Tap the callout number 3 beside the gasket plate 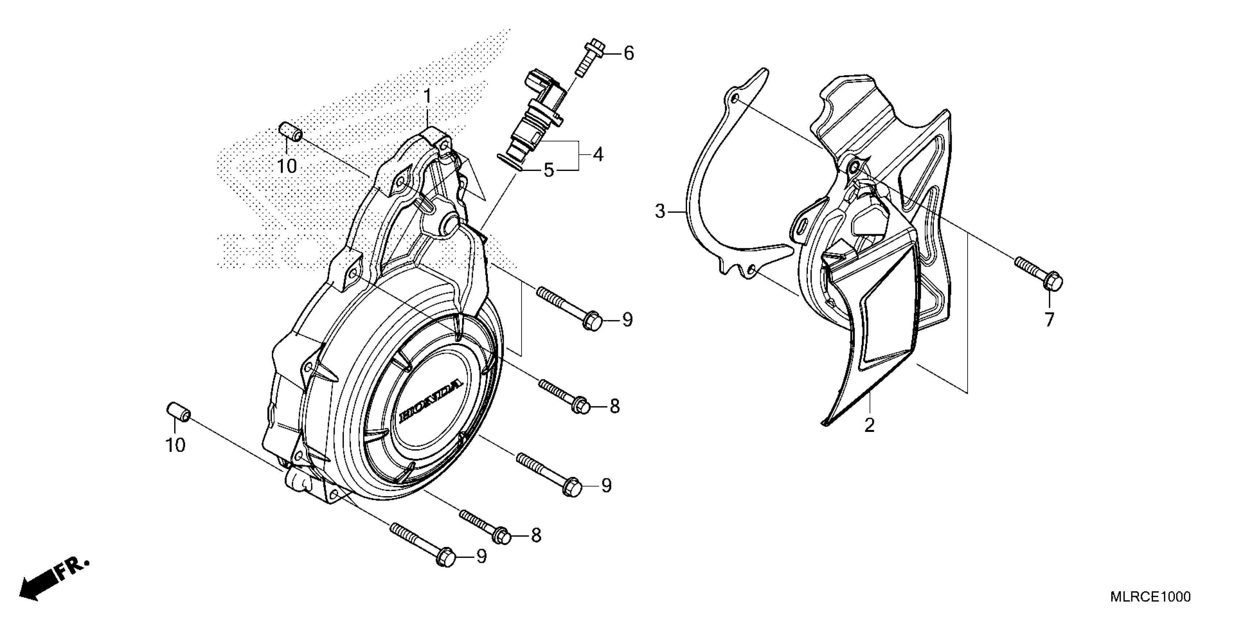click(660, 211)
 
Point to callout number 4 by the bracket click(597, 154)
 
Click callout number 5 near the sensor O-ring click(548, 170)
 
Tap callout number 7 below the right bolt click(1049, 319)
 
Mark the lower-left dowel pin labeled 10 click(179, 412)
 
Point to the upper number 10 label click(287, 166)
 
